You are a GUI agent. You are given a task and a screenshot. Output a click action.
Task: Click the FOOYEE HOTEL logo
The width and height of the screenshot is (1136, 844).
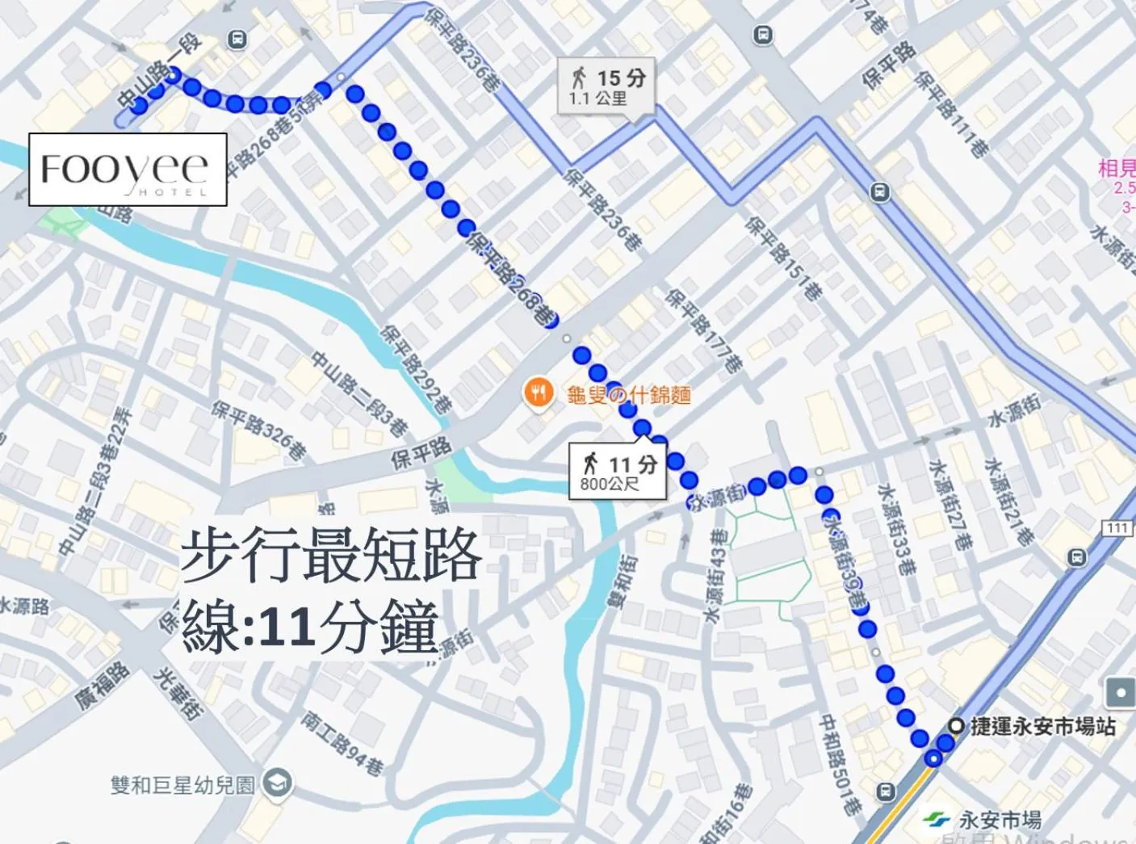tap(128, 170)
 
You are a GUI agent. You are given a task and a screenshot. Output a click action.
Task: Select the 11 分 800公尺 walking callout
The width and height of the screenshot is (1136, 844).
tap(618, 472)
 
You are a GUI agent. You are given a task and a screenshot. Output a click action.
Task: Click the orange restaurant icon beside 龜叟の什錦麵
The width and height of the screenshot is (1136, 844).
tap(538, 393)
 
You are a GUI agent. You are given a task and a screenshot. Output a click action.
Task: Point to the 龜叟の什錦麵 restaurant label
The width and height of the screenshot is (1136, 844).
tap(629, 394)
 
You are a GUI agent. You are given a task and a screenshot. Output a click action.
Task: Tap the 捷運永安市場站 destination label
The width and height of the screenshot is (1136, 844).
tap(1042, 726)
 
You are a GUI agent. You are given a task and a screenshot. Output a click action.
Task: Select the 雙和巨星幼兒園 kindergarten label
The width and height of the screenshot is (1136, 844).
tap(183, 784)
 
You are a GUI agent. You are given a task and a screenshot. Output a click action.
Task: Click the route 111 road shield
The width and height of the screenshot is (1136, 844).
tap(1117, 527)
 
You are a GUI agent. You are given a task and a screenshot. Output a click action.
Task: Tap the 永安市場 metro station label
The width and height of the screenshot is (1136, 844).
tap(1000, 820)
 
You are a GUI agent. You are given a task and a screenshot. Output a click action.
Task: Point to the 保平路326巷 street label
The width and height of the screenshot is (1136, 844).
tap(259, 430)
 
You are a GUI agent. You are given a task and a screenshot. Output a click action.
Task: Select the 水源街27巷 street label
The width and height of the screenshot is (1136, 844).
tap(949, 505)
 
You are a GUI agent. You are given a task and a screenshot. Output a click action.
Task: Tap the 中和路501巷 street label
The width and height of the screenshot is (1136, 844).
tap(839, 762)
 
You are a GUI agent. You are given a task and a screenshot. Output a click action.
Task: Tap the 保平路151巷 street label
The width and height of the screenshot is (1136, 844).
tap(783, 258)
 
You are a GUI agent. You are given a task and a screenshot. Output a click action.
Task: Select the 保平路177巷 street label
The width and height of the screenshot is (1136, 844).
tap(703, 331)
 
